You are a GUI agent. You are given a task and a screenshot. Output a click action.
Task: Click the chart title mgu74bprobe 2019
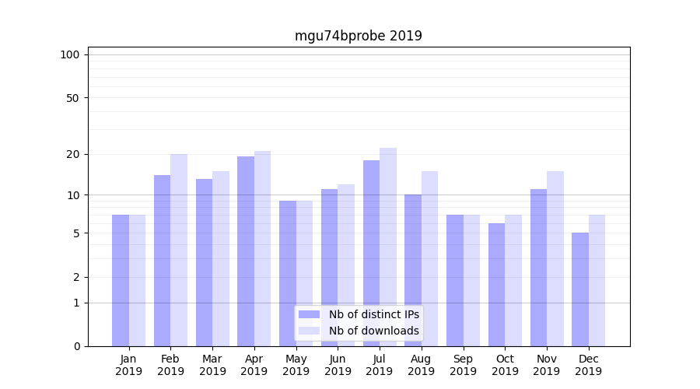pos(358,36)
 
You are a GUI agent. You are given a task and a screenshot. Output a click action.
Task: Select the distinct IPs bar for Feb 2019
pos(162,261)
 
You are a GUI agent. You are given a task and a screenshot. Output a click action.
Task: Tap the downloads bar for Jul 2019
pos(388,247)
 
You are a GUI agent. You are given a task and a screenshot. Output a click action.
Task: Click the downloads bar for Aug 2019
pos(430,258)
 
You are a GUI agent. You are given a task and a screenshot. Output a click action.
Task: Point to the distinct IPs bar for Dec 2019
pos(580,289)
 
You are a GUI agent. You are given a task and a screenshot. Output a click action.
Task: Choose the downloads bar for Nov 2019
pos(555,258)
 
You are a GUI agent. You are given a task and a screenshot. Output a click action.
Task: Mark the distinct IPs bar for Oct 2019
pos(496,285)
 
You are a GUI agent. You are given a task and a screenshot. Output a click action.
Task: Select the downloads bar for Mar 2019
pos(221,258)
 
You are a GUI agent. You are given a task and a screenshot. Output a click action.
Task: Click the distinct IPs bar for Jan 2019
pos(121,280)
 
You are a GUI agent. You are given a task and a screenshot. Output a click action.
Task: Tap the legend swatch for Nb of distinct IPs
pos(310,314)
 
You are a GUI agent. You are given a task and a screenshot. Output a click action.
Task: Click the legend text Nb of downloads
pos(373,331)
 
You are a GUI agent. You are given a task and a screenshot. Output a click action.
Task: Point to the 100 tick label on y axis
pos(70,54)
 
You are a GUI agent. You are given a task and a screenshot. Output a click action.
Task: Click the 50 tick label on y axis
pos(72,98)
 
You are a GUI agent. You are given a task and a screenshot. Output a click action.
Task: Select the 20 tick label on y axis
pos(72,154)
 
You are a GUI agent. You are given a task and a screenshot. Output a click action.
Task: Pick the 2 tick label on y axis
pos(75,277)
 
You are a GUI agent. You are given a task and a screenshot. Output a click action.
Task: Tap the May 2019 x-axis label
pos(296,365)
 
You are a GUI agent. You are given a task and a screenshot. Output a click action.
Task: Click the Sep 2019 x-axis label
pos(463,365)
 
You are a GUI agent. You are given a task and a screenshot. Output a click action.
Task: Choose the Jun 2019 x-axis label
pos(338,365)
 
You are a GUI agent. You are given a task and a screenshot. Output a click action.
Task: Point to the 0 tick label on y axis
pos(75,346)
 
